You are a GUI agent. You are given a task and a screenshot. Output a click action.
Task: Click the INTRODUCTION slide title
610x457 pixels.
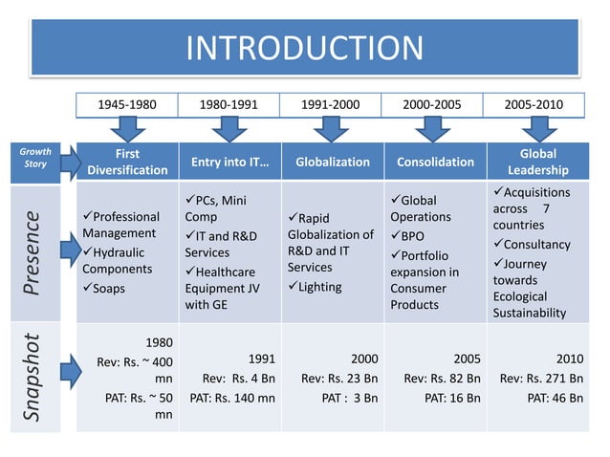pyautogui.click(x=304, y=48)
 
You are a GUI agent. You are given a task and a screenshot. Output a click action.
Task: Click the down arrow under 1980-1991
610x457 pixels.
pyautogui.click(x=229, y=128)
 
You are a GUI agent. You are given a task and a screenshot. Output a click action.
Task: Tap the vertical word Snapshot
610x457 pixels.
pyautogui.click(x=34, y=377)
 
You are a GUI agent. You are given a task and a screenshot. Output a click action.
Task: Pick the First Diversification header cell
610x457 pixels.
pyautogui.click(x=127, y=162)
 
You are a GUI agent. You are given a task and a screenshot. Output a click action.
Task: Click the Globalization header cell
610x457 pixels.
pyautogui.click(x=332, y=162)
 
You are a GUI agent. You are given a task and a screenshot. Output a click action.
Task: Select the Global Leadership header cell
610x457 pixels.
pyautogui.click(x=537, y=162)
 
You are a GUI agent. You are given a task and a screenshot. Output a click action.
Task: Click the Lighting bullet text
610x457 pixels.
pyautogui.click(x=321, y=287)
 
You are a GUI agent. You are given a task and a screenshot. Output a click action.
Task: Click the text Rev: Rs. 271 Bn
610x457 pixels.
pyautogui.click(x=541, y=378)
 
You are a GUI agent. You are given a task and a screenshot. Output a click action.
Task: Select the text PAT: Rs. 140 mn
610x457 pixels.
pyautogui.click(x=232, y=397)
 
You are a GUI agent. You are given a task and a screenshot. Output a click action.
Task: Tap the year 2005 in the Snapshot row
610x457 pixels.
pyautogui.click(x=467, y=359)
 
